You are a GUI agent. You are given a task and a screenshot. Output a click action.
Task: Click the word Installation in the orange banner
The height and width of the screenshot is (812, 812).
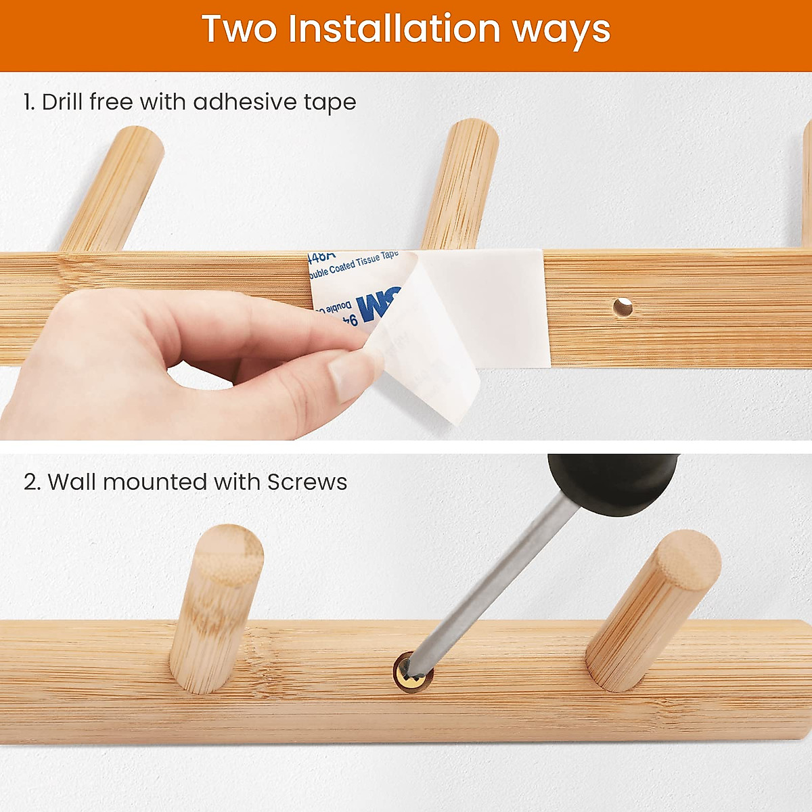coord(395,29)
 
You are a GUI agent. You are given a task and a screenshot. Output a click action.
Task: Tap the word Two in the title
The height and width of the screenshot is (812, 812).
coord(239,29)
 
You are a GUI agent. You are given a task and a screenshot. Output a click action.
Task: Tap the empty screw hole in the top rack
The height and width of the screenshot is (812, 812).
coord(623,308)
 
